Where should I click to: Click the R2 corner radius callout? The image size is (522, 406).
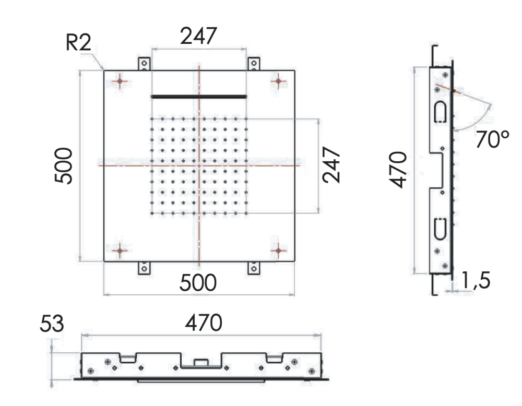pyautogui.click(x=79, y=43)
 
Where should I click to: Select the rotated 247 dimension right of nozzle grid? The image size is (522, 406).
pyautogui.click(x=331, y=165)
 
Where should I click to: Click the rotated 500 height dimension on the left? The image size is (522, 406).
pyautogui.click(x=63, y=166)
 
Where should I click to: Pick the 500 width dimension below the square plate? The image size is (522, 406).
pyautogui.click(x=198, y=283)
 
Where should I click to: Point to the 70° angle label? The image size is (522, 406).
pyautogui.click(x=492, y=139)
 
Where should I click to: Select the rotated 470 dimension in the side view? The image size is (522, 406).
pyautogui.click(x=398, y=170)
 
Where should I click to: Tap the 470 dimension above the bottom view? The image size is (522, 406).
pyautogui.click(x=204, y=323)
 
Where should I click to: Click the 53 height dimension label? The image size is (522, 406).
pyautogui.click(x=52, y=324)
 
